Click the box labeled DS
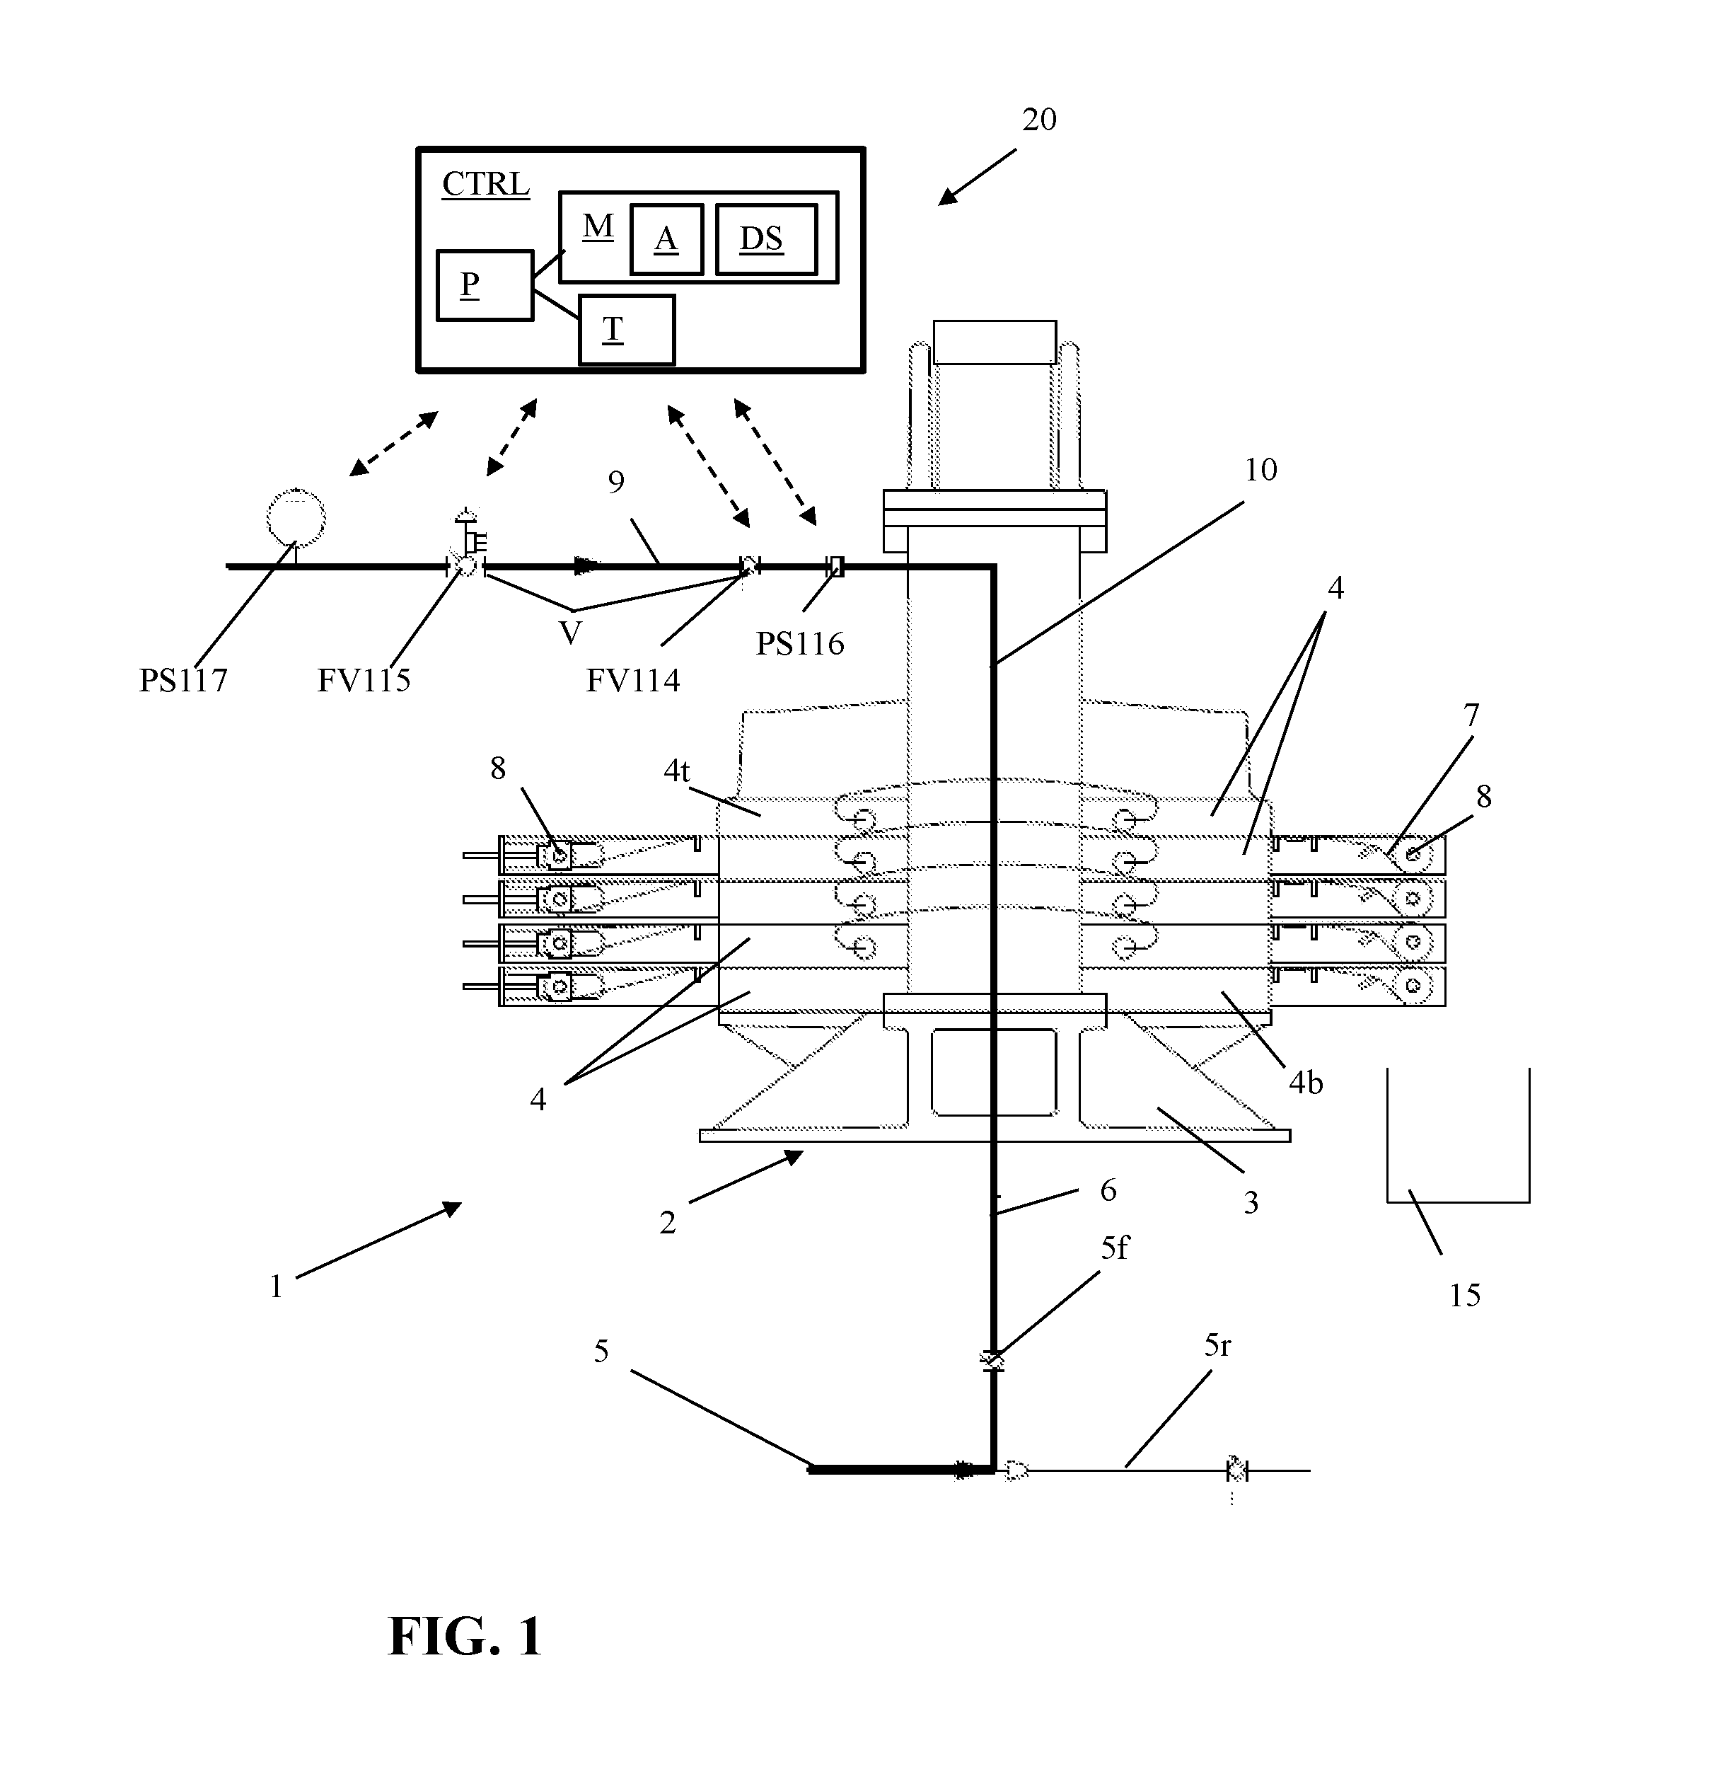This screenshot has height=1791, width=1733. coord(765,239)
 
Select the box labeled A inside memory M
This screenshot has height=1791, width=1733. coord(666,239)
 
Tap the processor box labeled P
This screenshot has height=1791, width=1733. coord(485,285)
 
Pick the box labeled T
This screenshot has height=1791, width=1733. coord(627,329)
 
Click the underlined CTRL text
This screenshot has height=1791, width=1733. coord(485,185)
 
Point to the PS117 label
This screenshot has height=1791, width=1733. coord(182,680)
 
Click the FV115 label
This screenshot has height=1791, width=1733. coord(364,680)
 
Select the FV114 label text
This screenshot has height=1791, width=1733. coord(632,680)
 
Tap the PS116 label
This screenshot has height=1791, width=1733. coord(799,644)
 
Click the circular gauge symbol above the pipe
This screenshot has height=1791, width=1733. coord(295,517)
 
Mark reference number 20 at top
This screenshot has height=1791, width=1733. coord(1038,120)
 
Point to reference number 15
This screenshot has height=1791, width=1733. coord(1464,1295)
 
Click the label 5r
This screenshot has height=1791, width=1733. coord(1217,1345)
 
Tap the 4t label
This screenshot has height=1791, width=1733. coord(676,771)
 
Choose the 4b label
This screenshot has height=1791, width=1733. coord(1306,1083)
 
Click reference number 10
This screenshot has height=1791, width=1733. coord(1260,470)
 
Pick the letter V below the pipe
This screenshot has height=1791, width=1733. coord(570,633)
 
